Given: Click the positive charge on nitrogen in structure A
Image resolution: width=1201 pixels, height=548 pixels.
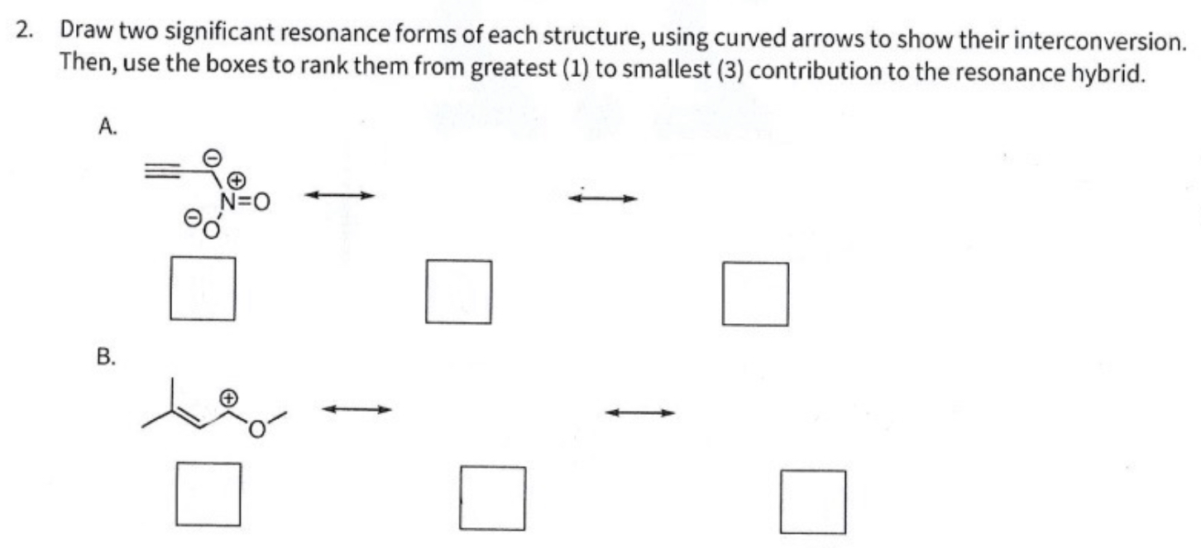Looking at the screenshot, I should [236, 179].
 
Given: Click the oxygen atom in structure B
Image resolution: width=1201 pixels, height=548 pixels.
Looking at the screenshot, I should [258, 429].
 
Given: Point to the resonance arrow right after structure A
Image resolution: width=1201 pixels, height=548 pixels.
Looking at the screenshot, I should [340, 196].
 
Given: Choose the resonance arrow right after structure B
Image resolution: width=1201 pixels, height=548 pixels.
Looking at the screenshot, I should [356, 408].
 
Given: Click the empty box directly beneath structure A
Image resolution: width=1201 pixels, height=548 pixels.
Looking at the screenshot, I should [203, 288].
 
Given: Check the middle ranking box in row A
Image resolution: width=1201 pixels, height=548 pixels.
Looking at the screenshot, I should [458, 291].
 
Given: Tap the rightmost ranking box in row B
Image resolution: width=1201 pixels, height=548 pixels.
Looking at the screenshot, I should [812, 501].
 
